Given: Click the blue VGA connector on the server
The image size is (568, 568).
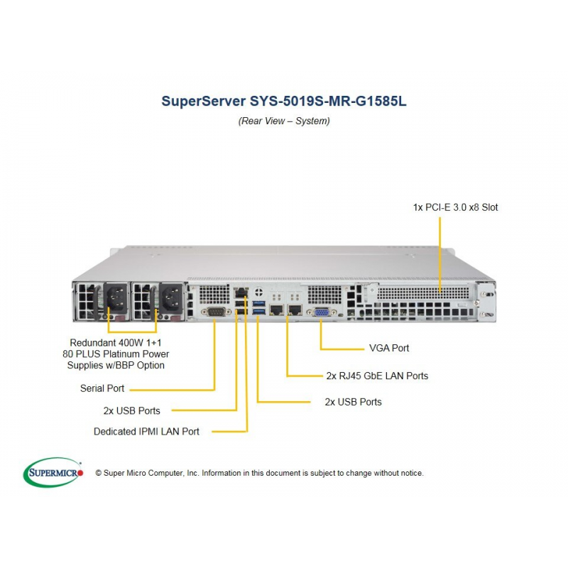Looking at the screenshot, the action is click(321, 312).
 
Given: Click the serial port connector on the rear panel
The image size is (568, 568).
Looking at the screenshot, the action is click(216, 312).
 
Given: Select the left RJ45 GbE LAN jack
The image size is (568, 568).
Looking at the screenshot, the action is click(277, 310).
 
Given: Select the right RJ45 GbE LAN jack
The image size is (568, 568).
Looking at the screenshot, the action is click(295, 310).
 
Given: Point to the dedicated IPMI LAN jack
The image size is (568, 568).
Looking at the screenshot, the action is click(241, 292).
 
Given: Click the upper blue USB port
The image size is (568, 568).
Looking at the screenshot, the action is click(259, 303).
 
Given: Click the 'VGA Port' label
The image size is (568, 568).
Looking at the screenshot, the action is click(389, 348).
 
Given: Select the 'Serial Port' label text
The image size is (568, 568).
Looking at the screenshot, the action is click(102, 388).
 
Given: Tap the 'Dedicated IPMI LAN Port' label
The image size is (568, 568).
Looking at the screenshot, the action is click(146, 432).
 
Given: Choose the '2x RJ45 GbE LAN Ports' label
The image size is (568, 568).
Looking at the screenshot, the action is click(377, 376).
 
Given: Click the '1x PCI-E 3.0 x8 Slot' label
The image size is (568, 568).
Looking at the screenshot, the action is click(455, 207).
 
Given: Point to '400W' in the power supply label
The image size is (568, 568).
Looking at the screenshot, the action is click(131, 343).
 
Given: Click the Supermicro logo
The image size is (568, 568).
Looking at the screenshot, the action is click(53, 472).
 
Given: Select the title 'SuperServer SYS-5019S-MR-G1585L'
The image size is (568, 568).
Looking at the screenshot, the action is click(284, 101).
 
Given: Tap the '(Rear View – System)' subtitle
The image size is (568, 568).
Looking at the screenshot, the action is click(284, 121).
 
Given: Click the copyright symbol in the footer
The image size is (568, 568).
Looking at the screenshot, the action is click(98, 473).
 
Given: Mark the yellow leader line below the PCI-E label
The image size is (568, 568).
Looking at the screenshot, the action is click(440, 255).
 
